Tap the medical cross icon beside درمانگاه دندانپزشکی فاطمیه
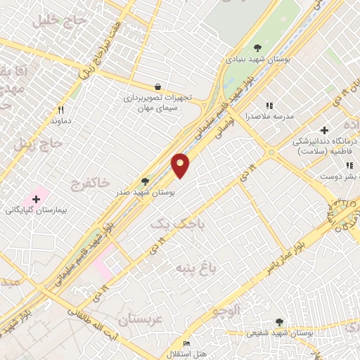point(324,130)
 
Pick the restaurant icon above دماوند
point(60,110)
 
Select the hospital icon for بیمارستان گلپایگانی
point(36,200)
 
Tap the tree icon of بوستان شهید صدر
point(145,181)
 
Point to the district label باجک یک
point(170,222)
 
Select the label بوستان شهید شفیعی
point(279,333)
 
